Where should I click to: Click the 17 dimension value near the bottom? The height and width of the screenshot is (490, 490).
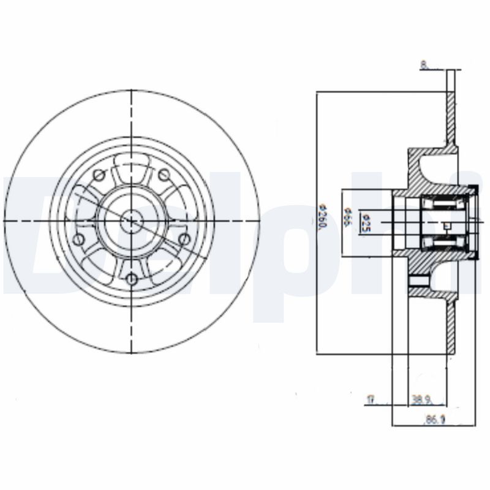(x=370, y=400)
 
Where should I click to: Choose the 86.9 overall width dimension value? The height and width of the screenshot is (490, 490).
(x=432, y=420)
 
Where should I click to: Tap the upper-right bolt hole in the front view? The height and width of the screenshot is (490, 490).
(x=164, y=176)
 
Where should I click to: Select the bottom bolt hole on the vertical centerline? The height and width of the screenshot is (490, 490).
(x=132, y=280)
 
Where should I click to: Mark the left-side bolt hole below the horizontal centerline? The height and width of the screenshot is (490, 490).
(x=78, y=239)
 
